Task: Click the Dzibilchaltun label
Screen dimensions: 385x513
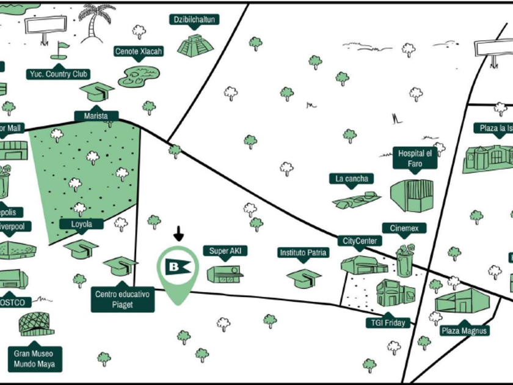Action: pyautogui.click(x=194, y=20)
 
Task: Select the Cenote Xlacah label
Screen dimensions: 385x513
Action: pyautogui.click(x=139, y=52)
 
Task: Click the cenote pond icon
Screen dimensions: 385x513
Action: pyautogui.click(x=139, y=76)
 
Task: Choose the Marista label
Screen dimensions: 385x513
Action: pyautogui.click(x=96, y=116)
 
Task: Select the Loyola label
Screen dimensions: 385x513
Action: pyautogui.click(x=81, y=224)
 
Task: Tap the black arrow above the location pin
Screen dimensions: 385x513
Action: pyautogui.click(x=178, y=233)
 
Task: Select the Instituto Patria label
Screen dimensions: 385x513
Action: pyautogui.click(x=304, y=252)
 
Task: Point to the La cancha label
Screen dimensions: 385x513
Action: pyautogui.click(x=351, y=179)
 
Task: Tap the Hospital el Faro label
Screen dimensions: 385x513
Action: pyautogui.click(x=415, y=159)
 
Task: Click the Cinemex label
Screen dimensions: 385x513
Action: pyautogui.click(x=404, y=228)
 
